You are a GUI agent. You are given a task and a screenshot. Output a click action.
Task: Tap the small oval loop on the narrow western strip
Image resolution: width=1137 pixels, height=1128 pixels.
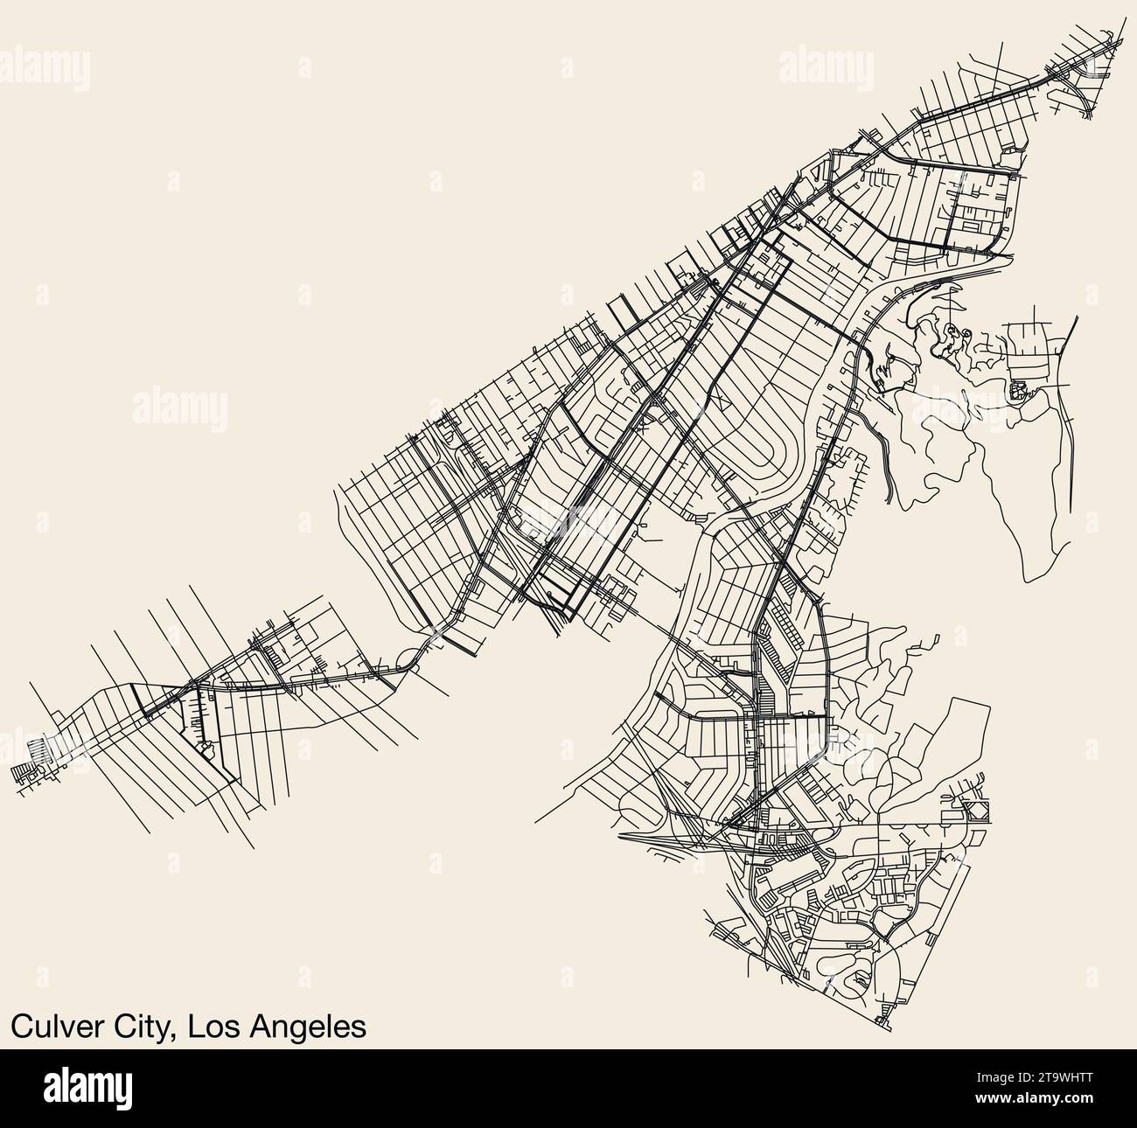point(207,749)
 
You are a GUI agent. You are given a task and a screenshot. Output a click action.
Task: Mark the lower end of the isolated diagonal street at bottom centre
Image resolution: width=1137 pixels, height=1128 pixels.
point(534,823)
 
